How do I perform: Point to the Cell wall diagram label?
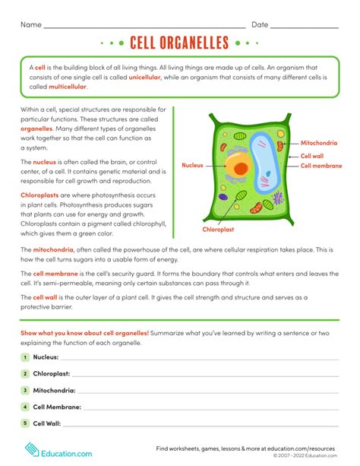pyautogui.click(x=313, y=154)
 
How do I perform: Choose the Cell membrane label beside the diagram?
pyautogui.click(x=321, y=165)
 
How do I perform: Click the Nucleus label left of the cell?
pyautogui.click(x=193, y=164)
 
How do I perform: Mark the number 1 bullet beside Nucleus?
pyautogui.click(x=25, y=357)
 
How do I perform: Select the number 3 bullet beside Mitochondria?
pyautogui.click(x=25, y=390)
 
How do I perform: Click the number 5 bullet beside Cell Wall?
pyautogui.click(x=25, y=423)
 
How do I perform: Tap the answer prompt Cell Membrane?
pyautogui.click(x=58, y=407)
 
